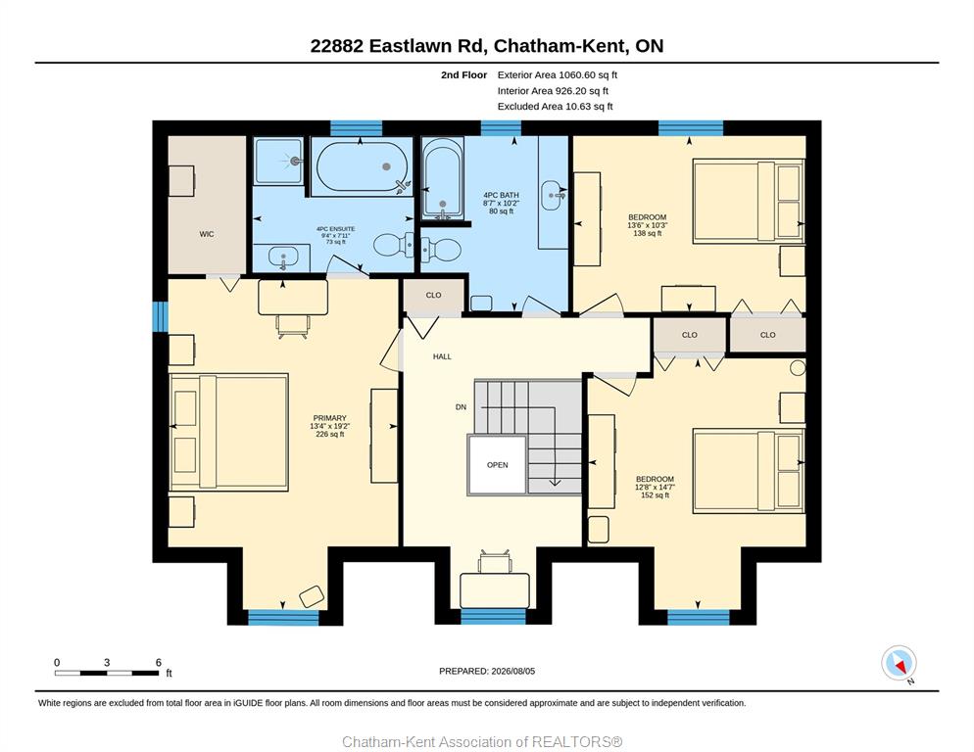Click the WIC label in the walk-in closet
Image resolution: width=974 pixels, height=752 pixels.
tap(206, 234)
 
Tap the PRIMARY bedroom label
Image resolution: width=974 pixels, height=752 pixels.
tap(329, 418)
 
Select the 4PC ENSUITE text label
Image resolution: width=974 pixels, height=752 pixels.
tap(335, 229)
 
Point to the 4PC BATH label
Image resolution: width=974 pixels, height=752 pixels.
tap(501, 195)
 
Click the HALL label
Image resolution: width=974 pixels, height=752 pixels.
tap(442, 356)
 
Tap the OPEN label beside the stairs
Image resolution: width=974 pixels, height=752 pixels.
tap(498, 464)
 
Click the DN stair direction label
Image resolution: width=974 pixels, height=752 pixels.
tap(461, 406)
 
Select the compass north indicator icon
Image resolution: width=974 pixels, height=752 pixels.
tap(899, 663)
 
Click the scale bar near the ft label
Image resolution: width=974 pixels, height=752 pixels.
tap(106, 673)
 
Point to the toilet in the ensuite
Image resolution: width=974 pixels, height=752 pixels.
tap(394, 245)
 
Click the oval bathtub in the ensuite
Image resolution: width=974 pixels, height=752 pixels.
tap(363, 166)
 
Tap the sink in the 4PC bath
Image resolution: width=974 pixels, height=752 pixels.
tap(553, 196)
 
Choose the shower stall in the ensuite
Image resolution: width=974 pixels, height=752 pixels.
tap(279, 161)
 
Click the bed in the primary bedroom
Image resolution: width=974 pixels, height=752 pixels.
tap(229, 432)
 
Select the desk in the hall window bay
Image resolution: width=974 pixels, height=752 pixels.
tap(495, 590)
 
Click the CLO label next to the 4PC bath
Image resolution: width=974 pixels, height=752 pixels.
tap(433, 295)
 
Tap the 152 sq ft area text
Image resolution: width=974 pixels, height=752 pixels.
tap(655, 494)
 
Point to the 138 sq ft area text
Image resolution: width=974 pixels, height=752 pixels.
tap(648, 233)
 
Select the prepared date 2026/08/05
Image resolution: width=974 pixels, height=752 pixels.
tap(513, 671)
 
